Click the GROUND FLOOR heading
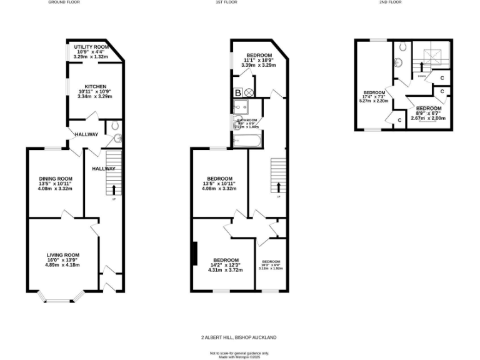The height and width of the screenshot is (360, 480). point(64,2)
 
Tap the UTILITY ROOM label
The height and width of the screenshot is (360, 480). point(91,47)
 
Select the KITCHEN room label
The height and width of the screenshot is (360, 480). point(91,86)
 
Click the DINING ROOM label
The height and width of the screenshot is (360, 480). point(56,178)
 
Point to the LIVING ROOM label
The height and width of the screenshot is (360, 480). point(62,254)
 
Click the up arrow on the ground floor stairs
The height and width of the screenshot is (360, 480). point(114,189)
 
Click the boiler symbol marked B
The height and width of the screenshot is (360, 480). point(237,93)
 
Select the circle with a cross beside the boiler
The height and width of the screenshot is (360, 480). point(249,93)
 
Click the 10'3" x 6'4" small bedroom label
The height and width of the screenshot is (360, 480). point(271,265)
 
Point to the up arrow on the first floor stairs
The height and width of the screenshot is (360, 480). point(278,187)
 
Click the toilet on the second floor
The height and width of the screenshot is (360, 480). point(401,47)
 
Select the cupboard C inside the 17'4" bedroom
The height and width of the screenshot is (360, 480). point(398,120)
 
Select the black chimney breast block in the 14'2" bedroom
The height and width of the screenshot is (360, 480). point(195,252)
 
